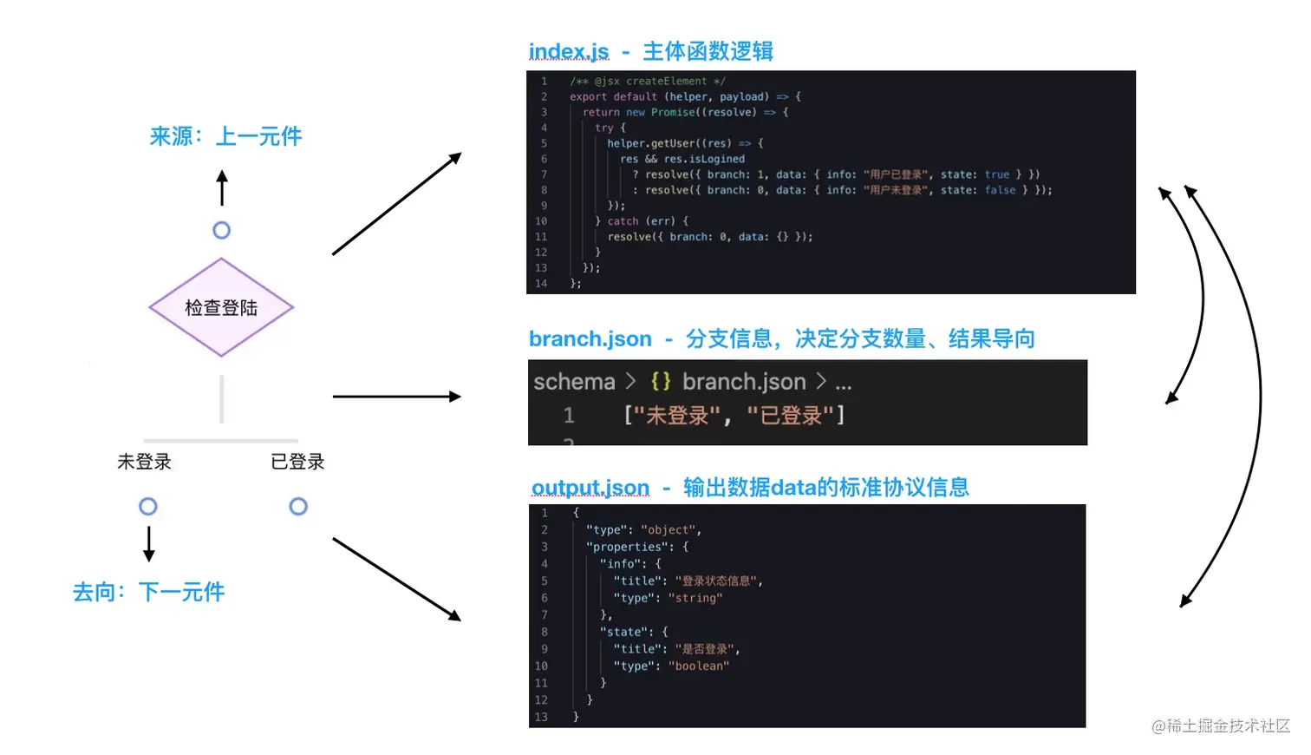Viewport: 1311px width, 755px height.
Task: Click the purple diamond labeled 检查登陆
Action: (x=221, y=307)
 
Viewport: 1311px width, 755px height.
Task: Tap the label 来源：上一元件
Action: (x=225, y=136)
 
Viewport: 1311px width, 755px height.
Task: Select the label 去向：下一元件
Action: (x=148, y=592)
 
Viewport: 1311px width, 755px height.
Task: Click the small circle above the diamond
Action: (x=222, y=230)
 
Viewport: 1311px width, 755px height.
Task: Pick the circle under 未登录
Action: (x=148, y=506)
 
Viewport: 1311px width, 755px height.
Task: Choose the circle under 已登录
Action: (x=298, y=506)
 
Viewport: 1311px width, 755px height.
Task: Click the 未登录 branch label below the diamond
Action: (x=145, y=462)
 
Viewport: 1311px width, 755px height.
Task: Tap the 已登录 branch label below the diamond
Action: (x=297, y=462)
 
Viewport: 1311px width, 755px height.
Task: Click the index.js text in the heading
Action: (x=569, y=52)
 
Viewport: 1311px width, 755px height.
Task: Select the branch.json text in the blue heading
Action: (x=590, y=338)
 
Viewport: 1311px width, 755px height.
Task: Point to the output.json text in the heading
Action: (x=590, y=488)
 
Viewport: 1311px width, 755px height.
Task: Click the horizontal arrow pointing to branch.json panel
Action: (x=396, y=397)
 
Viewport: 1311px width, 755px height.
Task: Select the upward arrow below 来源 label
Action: (x=222, y=187)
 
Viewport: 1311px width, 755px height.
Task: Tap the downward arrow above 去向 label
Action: (x=148, y=543)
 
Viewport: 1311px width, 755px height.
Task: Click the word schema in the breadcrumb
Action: (x=574, y=382)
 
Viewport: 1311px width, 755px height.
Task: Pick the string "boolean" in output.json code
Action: (x=699, y=666)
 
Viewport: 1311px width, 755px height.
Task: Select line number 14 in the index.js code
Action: (x=541, y=284)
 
